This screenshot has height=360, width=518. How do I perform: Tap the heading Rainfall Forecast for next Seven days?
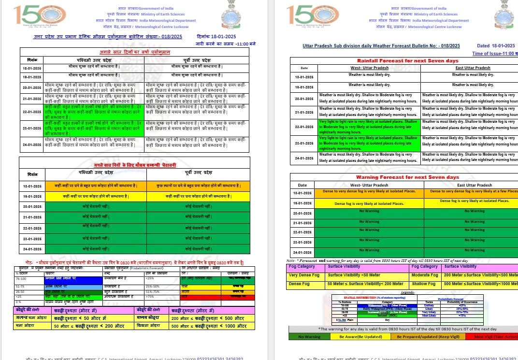click(x=407, y=60)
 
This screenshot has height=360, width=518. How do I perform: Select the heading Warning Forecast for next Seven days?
click(x=407, y=177)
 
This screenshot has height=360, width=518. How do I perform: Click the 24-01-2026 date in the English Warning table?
click(x=302, y=253)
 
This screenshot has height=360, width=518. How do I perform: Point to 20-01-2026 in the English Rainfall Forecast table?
click(x=304, y=98)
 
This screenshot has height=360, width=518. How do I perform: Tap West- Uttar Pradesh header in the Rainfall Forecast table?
click(x=369, y=68)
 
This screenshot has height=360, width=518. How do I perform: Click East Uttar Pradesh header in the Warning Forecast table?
click(x=475, y=185)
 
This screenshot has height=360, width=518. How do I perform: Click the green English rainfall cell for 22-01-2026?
click(x=368, y=127)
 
